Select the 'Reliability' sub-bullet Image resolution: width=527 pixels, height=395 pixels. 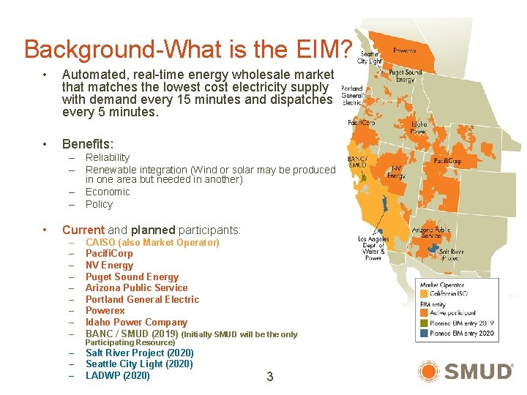coord(108,157)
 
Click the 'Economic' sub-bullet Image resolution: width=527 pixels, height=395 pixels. coord(108,192)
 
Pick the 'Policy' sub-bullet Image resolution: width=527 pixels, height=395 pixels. coord(99,204)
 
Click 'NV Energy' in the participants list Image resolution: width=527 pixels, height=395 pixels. coord(109,265)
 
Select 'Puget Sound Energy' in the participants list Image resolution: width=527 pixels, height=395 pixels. coord(132,276)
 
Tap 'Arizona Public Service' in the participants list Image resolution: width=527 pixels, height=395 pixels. coord(136,287)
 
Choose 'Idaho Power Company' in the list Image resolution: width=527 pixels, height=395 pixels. coord(136,322)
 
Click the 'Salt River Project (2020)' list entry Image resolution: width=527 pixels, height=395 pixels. coord(139,353)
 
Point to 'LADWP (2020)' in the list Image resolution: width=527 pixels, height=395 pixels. coord(117,375)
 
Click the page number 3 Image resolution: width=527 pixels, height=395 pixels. coord(269,377)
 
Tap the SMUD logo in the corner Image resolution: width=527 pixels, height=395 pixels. coord(466,371)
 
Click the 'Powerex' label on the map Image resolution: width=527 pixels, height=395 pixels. coord(405,51)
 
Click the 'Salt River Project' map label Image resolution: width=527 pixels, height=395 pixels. coord(452,255)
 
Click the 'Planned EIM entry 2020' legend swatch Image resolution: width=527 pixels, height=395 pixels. coord(424,333)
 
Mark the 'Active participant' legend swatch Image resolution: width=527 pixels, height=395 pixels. coord(424,312)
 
